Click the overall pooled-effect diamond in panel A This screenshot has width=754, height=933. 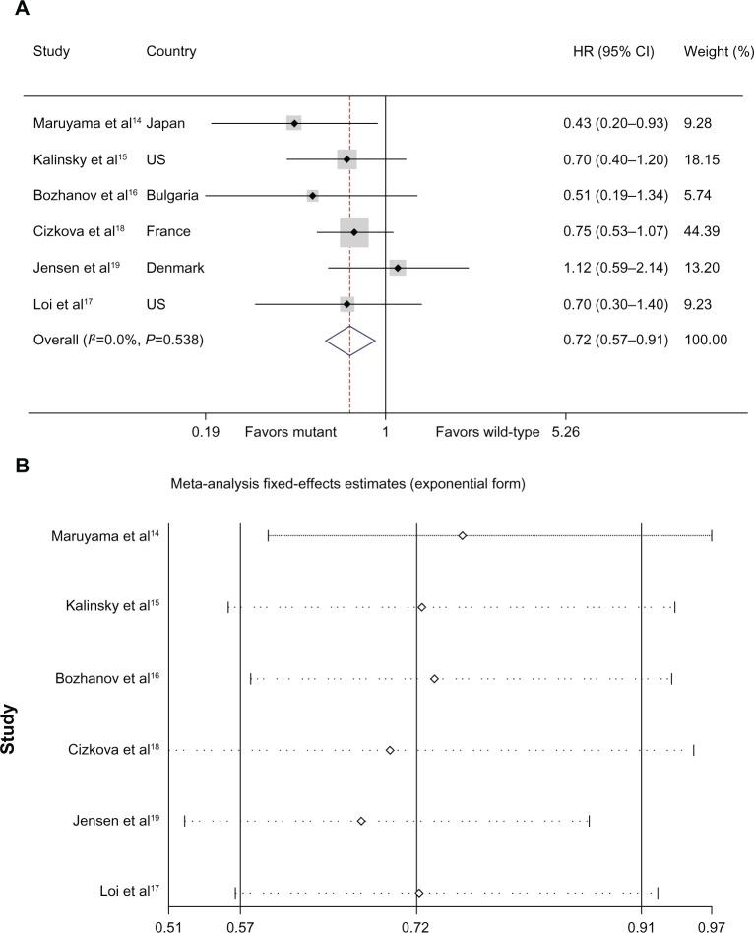pyautogui.click(x=350, y=340)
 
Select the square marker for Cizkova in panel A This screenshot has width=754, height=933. pyautogui.click(x=354, y=232)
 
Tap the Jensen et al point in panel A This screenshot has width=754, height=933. pyautogui.click(x=398, y=268)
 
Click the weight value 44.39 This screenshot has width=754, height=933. pyautogui.click(x=700, y=232)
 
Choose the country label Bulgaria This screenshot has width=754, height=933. pyautogui.click(x=173, y=195)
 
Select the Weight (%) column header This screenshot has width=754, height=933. pyautogui.click(x=714, y=51)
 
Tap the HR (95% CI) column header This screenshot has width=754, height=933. pyautogui.click(x=614, y=51)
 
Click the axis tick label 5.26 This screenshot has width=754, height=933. pyautogui.click(x=565, y=432)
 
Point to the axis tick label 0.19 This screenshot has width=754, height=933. pyautogui.click(x=206, y=432)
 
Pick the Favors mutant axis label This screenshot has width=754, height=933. pyautogui.click(x=291, y=432)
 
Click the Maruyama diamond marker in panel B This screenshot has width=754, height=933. pyautogui.click(x=462, y=536)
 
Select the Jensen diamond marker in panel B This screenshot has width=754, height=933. pyautogui.click(x=361, y=821)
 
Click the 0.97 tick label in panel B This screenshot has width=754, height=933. pyautogui.click(x=712, y=925)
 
